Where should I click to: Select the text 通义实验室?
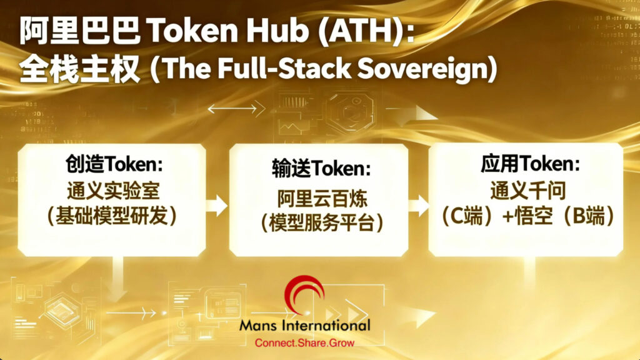[x=114, y=190]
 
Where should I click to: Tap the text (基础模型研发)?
[x=114, y=216]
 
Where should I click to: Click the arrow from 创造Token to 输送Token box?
[x=217, y=203]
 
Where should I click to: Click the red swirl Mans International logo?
[x=304, y=296]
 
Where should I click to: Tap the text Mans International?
[x=304, y=326]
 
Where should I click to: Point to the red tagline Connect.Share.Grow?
[x=304, y=343]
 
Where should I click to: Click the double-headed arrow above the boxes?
[x=232, y=108]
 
